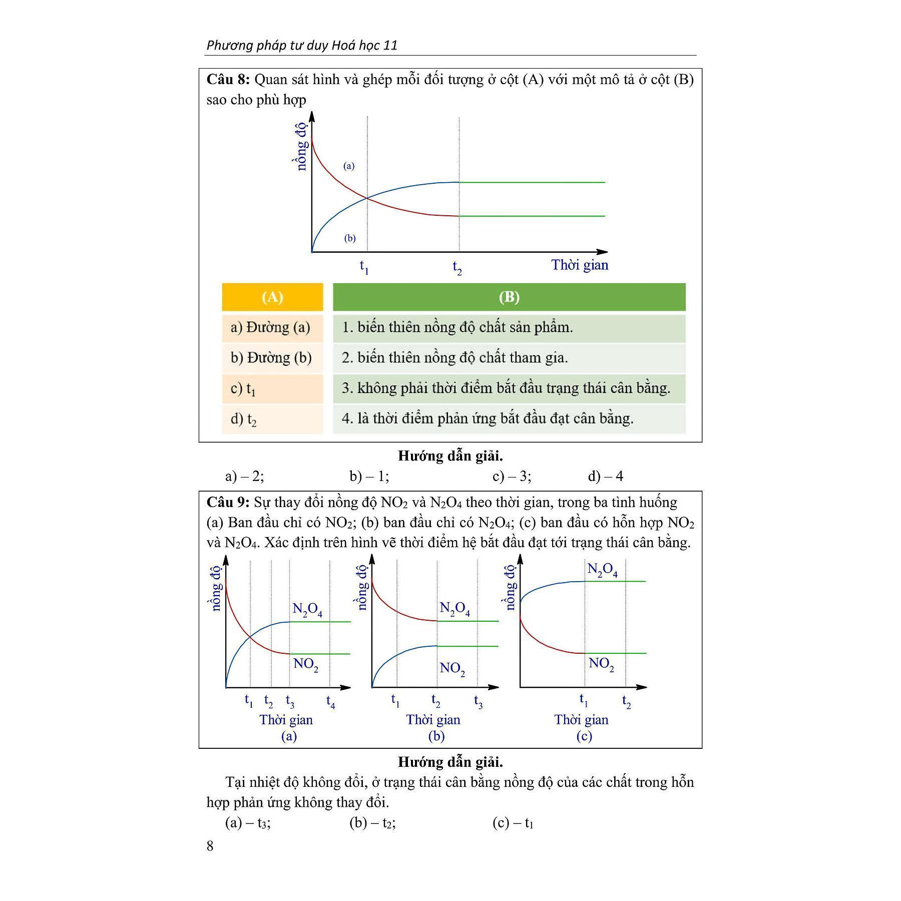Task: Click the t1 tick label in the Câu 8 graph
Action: [x=364, y=267]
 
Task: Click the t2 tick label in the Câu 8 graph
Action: [x=457, y=268]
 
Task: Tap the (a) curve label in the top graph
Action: [x=349, y=166]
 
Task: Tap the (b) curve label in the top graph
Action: [x=350, y=238]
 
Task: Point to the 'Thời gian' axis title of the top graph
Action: [x=580, y=265]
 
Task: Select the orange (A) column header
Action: [x=272, y=297]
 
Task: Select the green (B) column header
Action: [x=509, y=297]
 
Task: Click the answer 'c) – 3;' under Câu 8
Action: [x=512, y=476]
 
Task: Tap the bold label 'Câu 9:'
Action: [x=228, y=502]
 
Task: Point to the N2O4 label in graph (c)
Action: [x=602, y=570]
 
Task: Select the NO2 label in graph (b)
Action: [x=452, y=669]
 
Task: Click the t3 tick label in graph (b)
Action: [x=478, y=702]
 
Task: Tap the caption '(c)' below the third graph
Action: [x=584, y=736]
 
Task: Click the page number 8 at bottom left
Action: [x=210, y=846]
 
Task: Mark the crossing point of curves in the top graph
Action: [x=367, y=198]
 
